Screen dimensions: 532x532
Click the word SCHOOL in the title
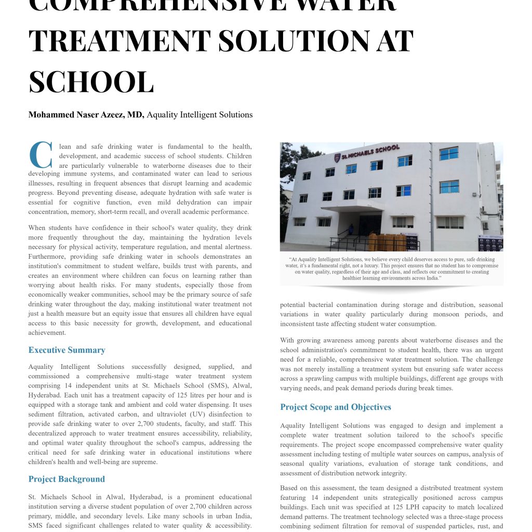tap(91, 81)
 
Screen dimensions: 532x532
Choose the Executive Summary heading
tap(67, 350)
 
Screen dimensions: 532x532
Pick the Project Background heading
tap(66, 479)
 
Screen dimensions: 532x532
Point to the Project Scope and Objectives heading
tap(336, 407)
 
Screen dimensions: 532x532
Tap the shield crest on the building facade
tap(338, 157)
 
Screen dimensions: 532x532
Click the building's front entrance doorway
tap(369, 224)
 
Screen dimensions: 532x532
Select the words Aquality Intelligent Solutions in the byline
tap(199, 115)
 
